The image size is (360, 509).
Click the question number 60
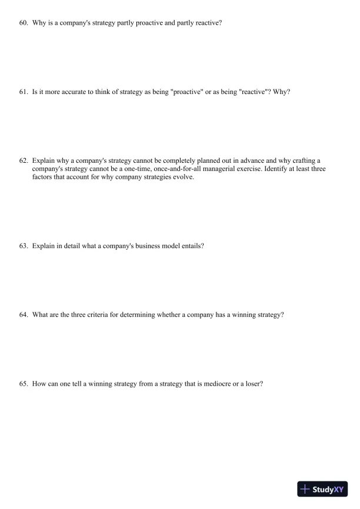24,24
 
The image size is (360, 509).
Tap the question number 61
24,92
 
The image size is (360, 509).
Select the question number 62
24,160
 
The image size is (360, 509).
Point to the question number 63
24,246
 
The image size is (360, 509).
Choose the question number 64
24,314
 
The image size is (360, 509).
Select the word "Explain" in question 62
43,160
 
